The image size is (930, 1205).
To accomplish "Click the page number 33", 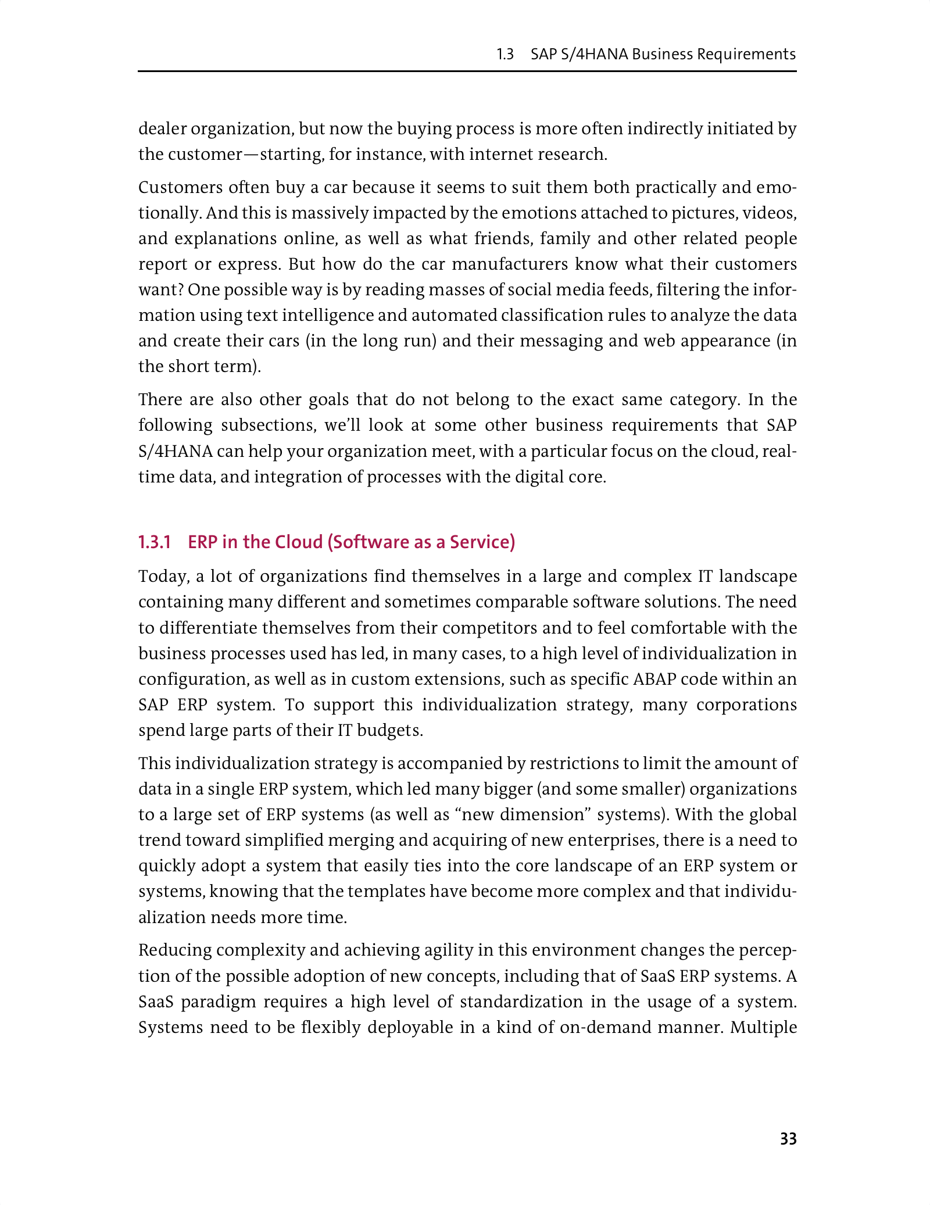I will point(788,1139).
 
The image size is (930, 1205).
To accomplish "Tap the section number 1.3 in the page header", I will point(505,55).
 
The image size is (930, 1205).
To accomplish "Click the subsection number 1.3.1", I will point(155,542).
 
